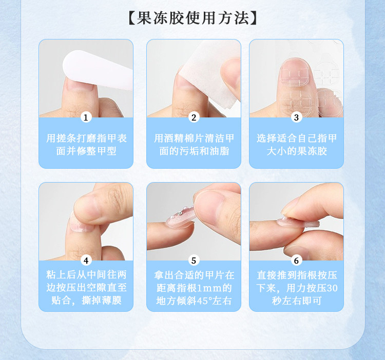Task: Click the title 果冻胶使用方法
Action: click(192, 18)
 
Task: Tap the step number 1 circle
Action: click(86, 117)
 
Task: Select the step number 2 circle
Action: click(194, 117)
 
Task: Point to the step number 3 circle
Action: click(296, 117)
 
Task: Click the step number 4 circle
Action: click(86, 261)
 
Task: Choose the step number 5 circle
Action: click(194, 261)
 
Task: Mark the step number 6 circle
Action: click(296, 261)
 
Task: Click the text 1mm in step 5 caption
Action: click(209, 288)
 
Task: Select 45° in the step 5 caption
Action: click(204, 301)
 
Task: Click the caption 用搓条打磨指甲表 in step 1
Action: click(86, 138)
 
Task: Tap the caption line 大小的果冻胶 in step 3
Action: click(297, 151)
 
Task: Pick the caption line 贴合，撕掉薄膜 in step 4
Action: click(86, 300)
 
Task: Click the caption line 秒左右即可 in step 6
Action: click(297, 301)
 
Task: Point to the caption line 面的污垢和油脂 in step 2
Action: click(194, 151)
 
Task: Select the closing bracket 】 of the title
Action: click(254, 18)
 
